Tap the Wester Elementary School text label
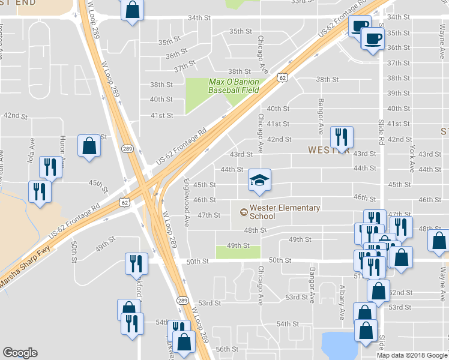coord(284,212)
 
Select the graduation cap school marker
coord(260,179)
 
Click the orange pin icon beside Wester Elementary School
coord(243,212)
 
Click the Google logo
coord(20,353)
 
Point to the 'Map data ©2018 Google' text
coord(412,355)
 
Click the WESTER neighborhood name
coord(329,149)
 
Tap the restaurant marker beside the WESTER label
coord(342,136)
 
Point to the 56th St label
coord(228,349)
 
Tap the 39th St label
coord(398,93)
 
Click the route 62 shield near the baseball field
coord(282,77)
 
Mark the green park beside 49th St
coord(238,251)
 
